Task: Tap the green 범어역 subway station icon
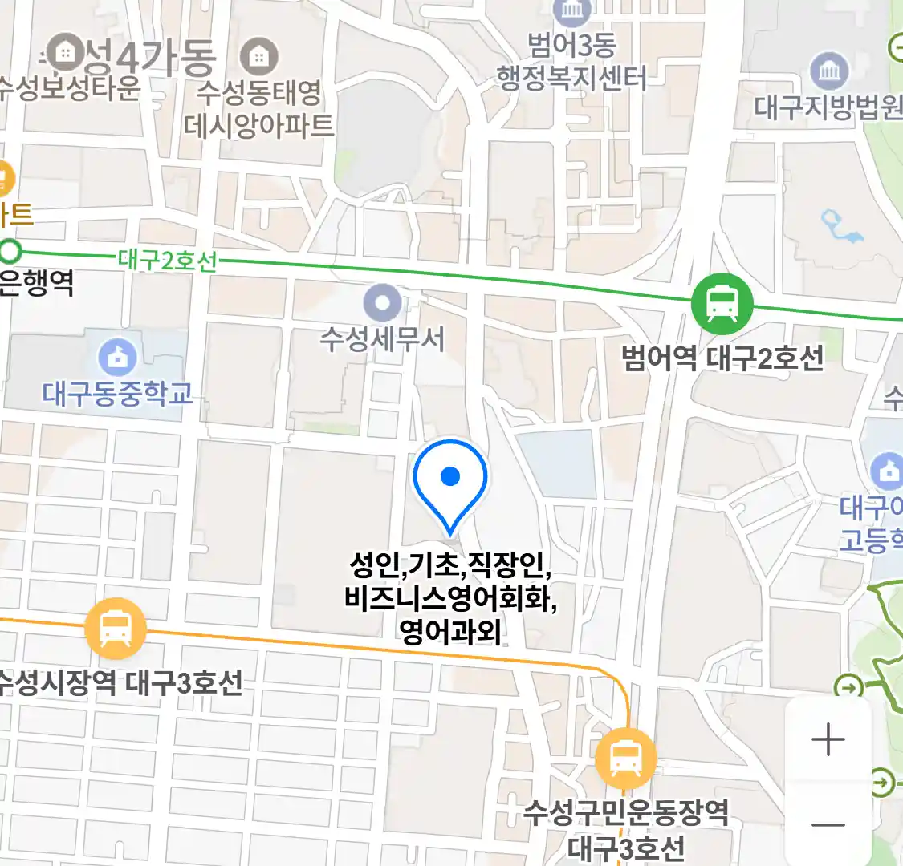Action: coord(722,303)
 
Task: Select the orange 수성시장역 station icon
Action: coord(116,629)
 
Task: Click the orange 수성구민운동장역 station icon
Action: coord(625,757)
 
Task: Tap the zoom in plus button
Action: coord(828,739)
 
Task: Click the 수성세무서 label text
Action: coord(382,339)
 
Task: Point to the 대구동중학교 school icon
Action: coord(118,358)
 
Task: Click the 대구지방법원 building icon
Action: coord(829,72)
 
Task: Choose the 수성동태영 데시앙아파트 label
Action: coord(258,109)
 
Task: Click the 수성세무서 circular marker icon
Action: coord(382,304)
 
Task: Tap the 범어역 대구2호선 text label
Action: coord(722,358)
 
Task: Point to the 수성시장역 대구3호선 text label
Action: coord(120,682)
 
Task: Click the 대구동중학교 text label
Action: coord(118,394)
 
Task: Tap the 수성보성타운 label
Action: coord(70,87)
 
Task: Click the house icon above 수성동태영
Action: coord(258,56)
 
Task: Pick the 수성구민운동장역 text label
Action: coord(626,813)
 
